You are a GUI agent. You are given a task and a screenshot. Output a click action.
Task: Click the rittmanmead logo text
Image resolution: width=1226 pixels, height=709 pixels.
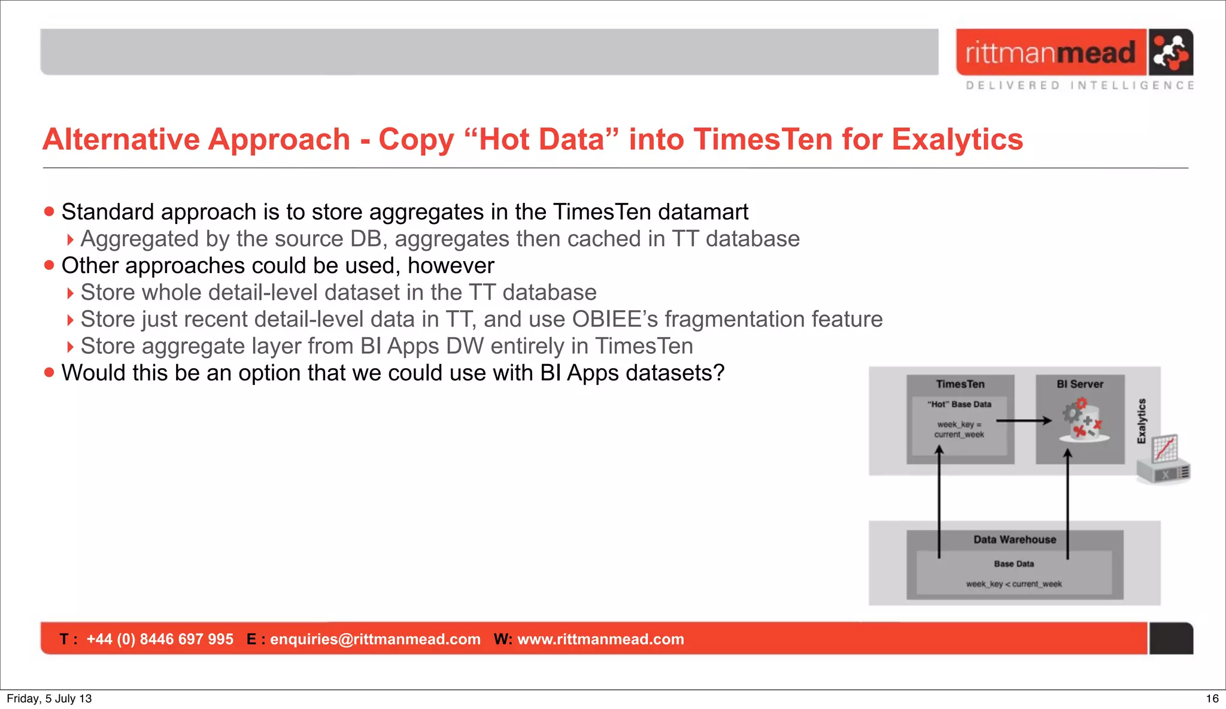pos(1050,53)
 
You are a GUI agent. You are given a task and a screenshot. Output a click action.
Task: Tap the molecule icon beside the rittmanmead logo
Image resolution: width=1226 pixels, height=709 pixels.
pos(1170,52)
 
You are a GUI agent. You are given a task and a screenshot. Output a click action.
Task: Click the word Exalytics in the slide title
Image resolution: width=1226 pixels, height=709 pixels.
pos(957,140)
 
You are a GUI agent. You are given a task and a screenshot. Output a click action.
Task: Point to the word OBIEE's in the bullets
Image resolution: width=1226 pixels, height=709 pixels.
pos(615,319)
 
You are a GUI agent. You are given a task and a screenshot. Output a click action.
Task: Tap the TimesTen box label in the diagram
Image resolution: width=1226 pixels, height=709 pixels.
pos(960,384)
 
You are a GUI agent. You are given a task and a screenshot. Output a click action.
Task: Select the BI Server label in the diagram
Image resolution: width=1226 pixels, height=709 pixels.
pos(1080,384)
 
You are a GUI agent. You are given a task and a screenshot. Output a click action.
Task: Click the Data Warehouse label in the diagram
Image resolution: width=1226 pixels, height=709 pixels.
pos(1015,540)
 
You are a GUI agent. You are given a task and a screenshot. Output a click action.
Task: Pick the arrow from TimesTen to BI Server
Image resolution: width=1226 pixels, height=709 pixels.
pos(1024,421)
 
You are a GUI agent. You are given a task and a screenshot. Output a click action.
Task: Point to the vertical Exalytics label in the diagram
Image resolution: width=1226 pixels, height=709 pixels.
pos(1142,421)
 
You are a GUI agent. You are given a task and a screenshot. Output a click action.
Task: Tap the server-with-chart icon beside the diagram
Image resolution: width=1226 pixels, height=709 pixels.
pos(1164,459)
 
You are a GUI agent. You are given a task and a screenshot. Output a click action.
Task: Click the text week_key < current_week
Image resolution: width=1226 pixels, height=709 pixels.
pos(1014,584)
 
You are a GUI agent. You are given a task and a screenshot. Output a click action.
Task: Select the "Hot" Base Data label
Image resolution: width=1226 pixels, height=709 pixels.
pos(960,404)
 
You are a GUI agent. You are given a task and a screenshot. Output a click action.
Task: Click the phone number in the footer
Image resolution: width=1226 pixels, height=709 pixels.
pos(160,639)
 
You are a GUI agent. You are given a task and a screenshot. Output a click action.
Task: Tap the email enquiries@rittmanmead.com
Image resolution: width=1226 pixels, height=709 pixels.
pos(375,639)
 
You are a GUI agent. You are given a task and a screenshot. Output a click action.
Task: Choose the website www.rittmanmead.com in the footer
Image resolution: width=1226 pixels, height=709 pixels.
pos(600,639)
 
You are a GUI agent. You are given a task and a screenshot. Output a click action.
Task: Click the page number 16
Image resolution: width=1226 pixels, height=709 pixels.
pos(1212,698)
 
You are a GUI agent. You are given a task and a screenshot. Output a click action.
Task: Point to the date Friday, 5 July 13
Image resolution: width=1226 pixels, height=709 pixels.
pos(49,698)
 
